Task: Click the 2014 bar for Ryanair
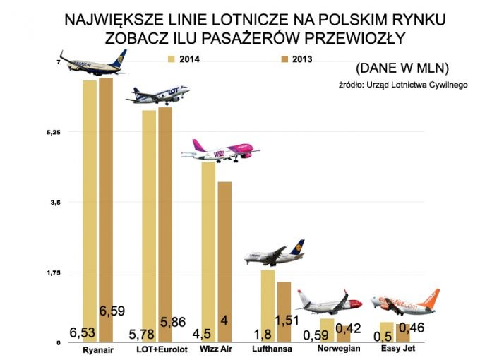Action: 90,212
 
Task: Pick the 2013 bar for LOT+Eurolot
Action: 165,219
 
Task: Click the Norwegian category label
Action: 339,349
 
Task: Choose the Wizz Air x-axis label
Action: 217,349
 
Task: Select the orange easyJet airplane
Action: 404,302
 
